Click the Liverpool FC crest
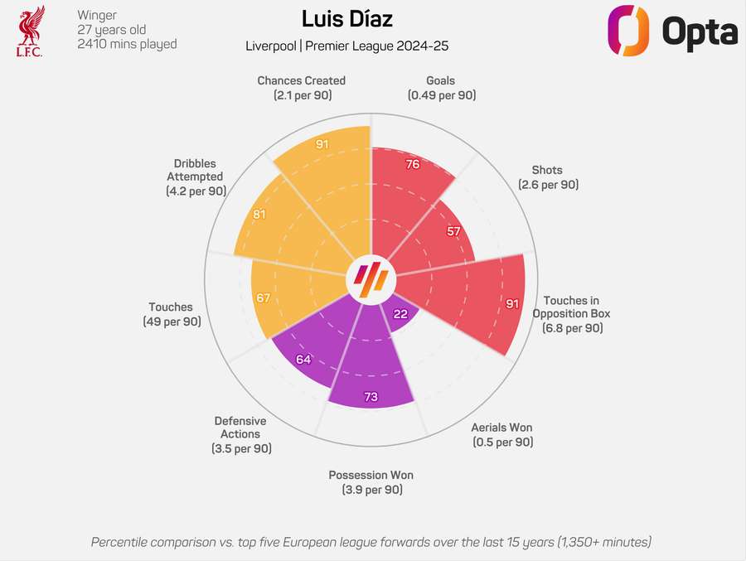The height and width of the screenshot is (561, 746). coord(30,31)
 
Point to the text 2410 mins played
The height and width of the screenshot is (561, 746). coord(127,44)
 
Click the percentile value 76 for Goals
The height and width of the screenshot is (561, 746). coord(412,164)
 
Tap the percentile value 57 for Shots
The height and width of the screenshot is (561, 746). coord(453,231)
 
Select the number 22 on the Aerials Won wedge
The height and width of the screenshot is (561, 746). coord(400,313)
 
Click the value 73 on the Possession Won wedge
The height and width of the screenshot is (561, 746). coord(371,397)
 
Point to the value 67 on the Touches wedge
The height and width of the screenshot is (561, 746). coord(264,297)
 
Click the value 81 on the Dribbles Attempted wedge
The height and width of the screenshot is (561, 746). coord(259,214)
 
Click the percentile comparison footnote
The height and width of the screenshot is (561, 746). coord(371,542)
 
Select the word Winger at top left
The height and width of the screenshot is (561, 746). coord(97,15)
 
